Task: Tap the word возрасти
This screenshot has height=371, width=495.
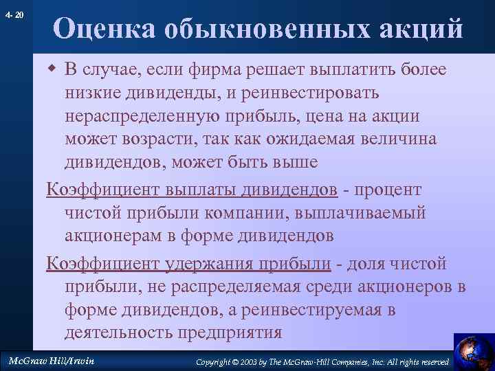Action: coord(160,139)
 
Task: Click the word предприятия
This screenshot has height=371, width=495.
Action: coord(225,333)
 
